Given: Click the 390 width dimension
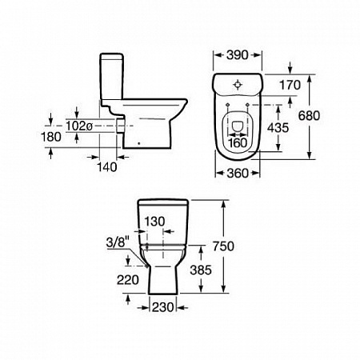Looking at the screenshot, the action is pyautogui.click(x=238, y=55).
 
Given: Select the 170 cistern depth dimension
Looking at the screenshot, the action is pyautogui.click(x=290, y=85).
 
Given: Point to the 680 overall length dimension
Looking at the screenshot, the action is pyautogui.click(x=309, y=116).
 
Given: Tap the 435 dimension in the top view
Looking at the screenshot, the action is pyautogui.click(x=278, y=128).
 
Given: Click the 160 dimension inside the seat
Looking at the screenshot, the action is pyautogui.click(x=238, y=142).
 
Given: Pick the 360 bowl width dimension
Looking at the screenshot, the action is pyautogui.click(x=238, y=174).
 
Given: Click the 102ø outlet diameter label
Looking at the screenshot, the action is pyautogui.click(x=79, y=126).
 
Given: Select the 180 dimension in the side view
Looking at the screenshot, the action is pyautogui.click(x=51, y=137).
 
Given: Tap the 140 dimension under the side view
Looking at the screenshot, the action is pyautogui.click(x=106, y=167).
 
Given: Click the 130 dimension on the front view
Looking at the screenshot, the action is pyautogui.click(x=154, y=222).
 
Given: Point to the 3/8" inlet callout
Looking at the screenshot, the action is pyautogui.click(x=118, y=242).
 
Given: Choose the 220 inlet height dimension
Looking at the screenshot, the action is pyautogui.click(x=128, y=280).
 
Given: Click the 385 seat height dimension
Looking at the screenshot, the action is pyautogui.click(x=201, y=270).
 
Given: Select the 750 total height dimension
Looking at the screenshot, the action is pyautogui.click(x=223, y=246).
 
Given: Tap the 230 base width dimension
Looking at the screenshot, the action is pyautogui.click(x=162, y=307).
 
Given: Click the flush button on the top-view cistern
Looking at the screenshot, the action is pyautogui.click(x=238, y=85).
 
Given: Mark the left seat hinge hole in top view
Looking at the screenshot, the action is pyautogui.click(x=228, y=105).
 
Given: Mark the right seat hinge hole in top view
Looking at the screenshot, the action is pyautogui.click(x=247, y=105).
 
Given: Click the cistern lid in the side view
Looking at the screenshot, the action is pyautogui.click(x=112, y=56).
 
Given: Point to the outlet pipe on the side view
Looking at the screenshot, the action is pyautogui.click(x=121, y=126).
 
